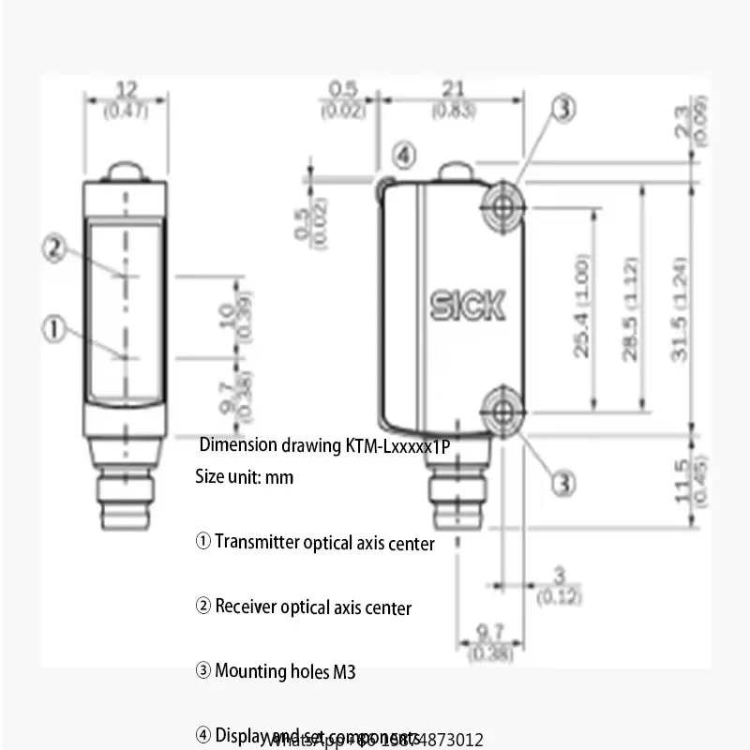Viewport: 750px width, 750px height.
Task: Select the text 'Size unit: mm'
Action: point(244,477)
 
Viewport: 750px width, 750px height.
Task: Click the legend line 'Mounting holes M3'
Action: point(276,671)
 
